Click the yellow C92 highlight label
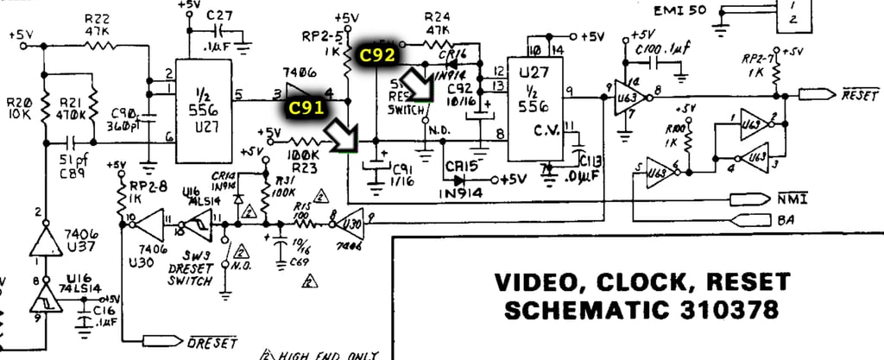click(378, 54)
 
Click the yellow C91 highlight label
click(306, 107)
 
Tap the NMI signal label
click(792, 200)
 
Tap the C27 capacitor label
click(220, 15)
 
